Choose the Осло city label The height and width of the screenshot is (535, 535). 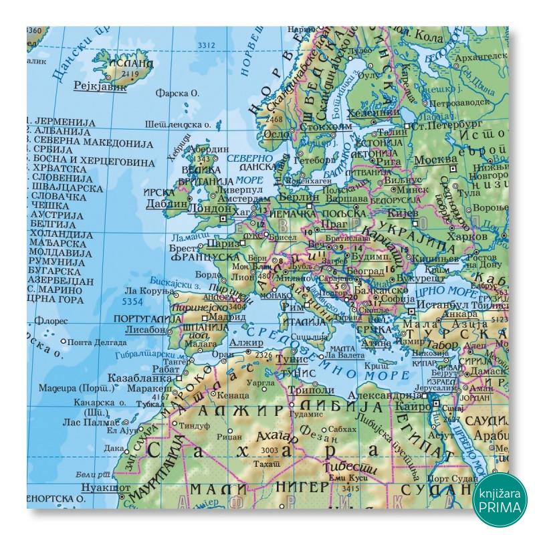tap(276, 133)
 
